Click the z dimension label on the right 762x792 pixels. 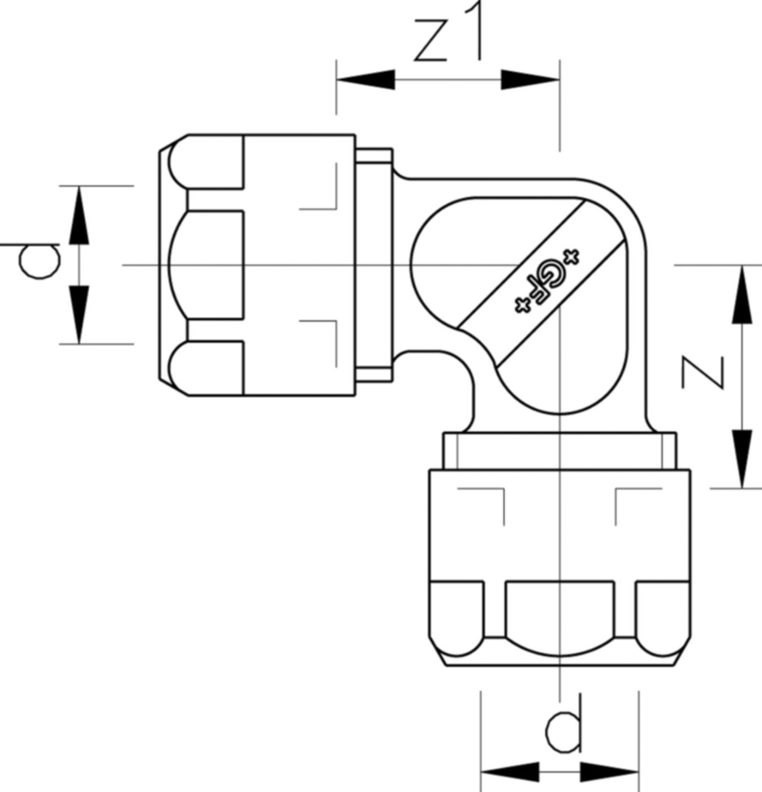[x=703, y=372]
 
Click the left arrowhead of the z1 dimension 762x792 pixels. [x=366, y=80]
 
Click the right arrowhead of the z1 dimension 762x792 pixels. [x=530, y=80]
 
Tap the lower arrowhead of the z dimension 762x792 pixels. [x=742, y=459]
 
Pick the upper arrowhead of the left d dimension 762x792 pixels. [x=79, y=216]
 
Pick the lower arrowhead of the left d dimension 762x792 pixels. [x=79, y=314]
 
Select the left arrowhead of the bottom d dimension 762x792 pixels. [x=510, y=772]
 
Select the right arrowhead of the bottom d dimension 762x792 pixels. [x=609, y=772]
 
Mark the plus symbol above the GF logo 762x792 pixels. [x=571, y=256]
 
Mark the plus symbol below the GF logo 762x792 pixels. [x=523, y=305]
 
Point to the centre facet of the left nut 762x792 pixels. [x=207, y=265]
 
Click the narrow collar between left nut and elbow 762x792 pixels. [x=374, y=265]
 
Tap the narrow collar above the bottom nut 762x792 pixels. [x=560, y=451]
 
